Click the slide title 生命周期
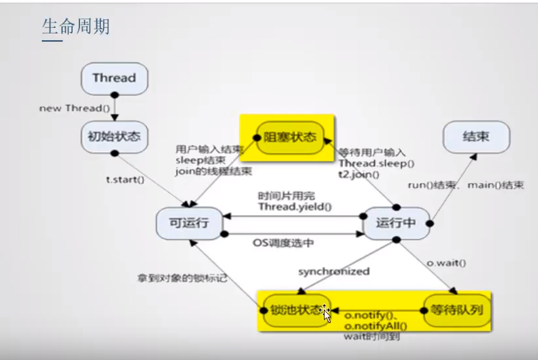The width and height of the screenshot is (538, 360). [75, 26]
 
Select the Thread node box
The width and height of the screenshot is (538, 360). [114, 78]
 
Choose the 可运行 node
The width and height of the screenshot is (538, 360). [189, 222]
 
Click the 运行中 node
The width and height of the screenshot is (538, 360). [397, 222]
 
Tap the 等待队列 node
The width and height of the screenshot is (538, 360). [456, 308]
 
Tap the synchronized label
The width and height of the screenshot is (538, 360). [334, 271]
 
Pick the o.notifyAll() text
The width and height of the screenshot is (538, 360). [375, 326]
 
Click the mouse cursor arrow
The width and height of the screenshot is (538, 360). [325, 313]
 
